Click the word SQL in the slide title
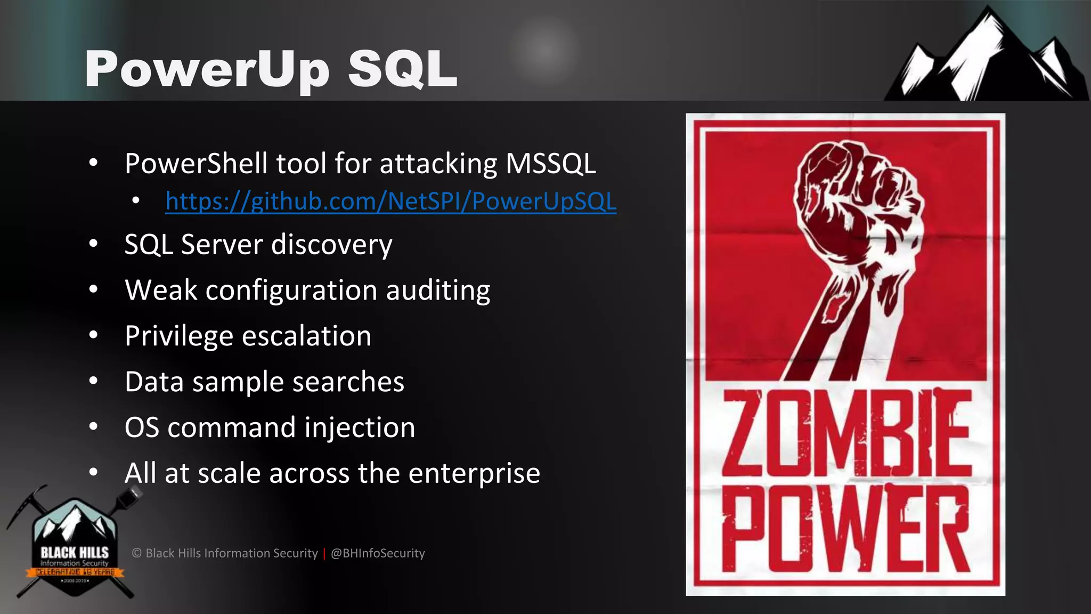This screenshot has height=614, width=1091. coord(403,69)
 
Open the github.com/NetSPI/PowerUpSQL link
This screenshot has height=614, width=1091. coord(390,201)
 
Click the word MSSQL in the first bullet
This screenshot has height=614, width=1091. coord(550,163)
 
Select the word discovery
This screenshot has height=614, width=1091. coord(331,245)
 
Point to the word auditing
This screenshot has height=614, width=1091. coord(437,291)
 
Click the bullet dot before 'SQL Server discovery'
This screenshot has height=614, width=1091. coord(94,244)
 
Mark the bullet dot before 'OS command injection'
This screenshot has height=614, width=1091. coord(94,426)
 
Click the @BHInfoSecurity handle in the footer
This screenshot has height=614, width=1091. coord(378,553)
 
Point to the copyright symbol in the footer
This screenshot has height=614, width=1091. coord(136,553)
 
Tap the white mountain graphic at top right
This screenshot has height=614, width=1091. coord(986,59)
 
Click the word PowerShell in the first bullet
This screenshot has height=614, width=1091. coord(196,163)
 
